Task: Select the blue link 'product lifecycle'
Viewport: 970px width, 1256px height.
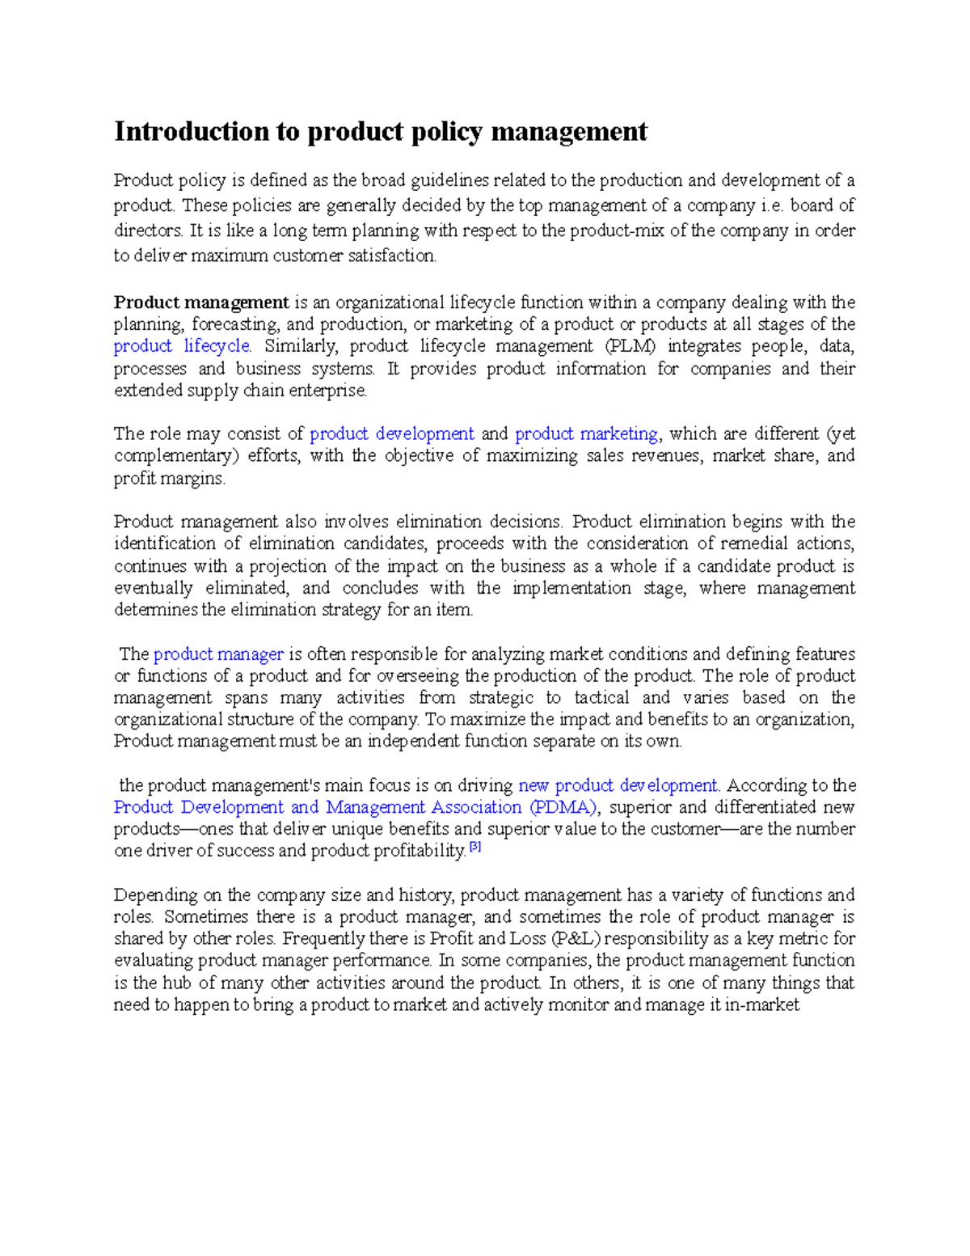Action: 183,346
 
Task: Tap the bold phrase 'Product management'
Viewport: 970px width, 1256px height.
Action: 201,302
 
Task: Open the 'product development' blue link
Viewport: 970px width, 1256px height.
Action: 392,433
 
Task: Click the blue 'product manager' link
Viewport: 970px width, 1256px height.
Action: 218,653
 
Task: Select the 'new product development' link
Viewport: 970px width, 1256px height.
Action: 618,785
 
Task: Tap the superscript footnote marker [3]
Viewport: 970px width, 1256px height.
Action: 475,848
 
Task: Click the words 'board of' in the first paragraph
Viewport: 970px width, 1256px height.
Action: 822,205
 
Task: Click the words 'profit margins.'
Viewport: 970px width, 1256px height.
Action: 170,479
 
